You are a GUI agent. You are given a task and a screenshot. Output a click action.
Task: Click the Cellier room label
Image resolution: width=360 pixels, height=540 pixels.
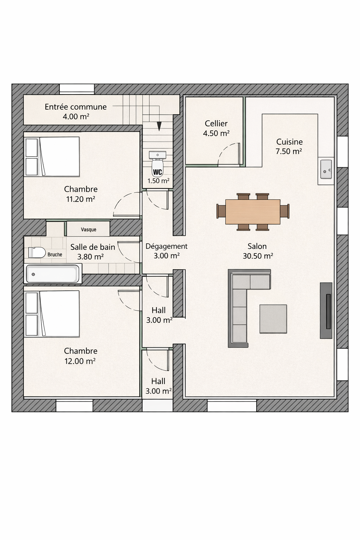pos(216,124)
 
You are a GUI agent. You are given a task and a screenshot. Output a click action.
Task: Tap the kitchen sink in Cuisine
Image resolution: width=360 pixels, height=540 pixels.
pos(326,169)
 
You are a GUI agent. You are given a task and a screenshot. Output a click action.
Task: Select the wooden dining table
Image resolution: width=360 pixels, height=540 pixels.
pos(253,212)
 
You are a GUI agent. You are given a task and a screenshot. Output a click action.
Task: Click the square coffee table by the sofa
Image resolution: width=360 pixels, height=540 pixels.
pos(273,319)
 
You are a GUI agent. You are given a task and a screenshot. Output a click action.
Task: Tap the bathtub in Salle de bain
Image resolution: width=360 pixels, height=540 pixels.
pos(53,274)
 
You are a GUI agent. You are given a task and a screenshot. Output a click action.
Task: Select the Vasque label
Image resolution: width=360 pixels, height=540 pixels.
pos(89,230)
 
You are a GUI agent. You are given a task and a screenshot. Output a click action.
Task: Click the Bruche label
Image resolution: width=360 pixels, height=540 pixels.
pos(55,255)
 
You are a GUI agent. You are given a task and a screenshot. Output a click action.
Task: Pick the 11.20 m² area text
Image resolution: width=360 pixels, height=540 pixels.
pos(81,199)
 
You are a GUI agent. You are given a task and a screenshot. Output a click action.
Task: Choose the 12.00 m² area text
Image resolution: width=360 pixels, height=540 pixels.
pos(80,361)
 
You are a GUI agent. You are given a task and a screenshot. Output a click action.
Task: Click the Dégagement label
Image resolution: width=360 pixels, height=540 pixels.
pos(166,246)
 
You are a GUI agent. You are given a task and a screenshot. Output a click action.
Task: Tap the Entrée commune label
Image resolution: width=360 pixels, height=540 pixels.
pos(76,107)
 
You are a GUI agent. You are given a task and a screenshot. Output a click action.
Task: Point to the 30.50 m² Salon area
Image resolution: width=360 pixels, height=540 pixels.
pos(258,256)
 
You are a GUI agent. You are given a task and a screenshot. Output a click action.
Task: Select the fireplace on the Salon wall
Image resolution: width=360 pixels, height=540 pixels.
pos(326,310)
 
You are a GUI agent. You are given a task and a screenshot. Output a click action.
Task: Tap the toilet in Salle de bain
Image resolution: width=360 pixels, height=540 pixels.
pos(37,253)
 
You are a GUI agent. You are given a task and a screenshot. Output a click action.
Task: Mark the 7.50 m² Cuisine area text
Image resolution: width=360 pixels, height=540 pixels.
pos(289,152)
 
